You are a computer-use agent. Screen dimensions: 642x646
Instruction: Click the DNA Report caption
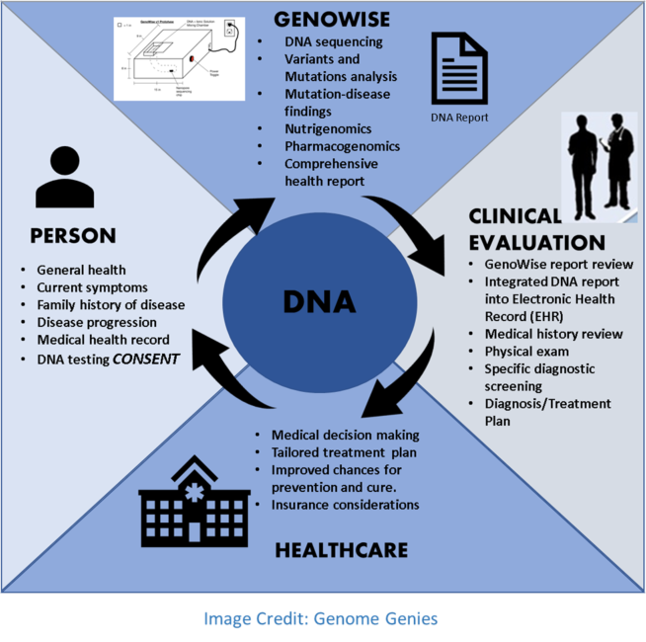click(x=459, y=118)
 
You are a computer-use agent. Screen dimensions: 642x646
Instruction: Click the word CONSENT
click(x=146, y=359)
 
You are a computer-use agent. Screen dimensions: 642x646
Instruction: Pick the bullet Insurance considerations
click(x=346, y=505)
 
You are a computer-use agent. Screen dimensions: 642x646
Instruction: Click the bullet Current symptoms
click(x=94, y=287)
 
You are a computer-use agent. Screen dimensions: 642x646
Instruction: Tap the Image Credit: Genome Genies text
click(x=321, y=618)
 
